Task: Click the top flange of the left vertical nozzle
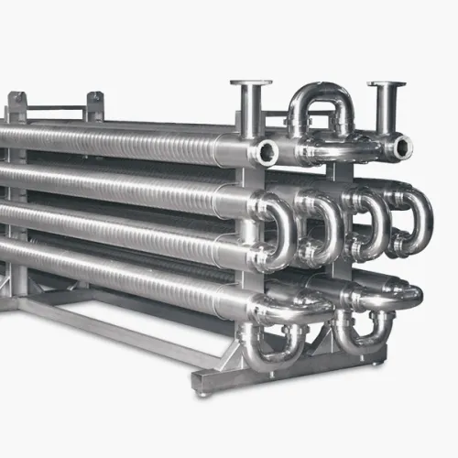pos(250,84)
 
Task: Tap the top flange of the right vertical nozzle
pos(387,86)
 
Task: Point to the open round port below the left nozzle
pos(267,151)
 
